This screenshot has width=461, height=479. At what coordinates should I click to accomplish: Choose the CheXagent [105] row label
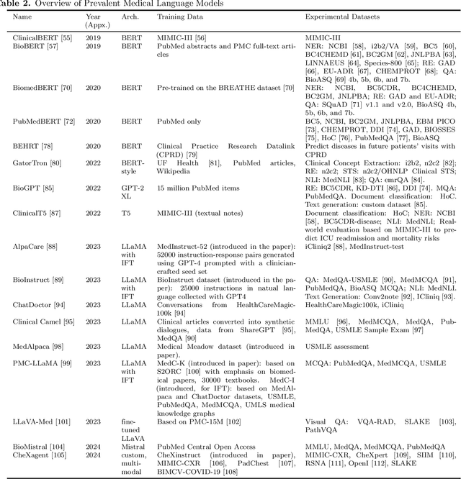tap(37, 455)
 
